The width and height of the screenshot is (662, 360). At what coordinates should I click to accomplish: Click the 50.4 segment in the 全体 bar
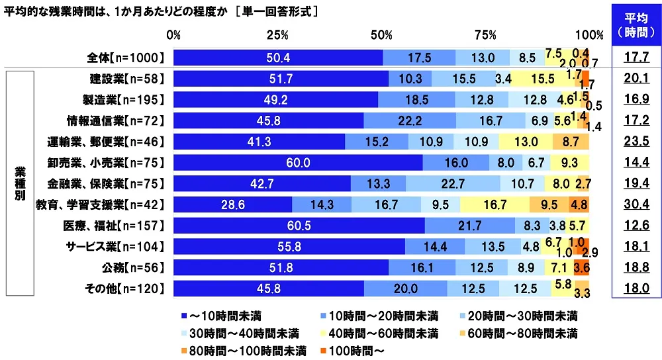point(278,58)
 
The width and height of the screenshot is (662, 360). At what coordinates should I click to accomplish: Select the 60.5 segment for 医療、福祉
point(299,226)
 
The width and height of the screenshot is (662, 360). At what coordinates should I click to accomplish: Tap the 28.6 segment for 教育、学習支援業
point(232,205)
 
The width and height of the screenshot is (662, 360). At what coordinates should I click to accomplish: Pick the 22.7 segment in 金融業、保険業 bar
point(453,184)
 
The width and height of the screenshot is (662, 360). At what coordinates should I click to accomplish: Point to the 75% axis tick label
point(485,34)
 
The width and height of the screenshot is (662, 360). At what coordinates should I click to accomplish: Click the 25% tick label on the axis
point(277,34)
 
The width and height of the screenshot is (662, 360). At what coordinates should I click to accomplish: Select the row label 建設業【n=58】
point(126,79)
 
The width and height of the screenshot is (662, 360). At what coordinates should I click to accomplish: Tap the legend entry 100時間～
point(352,349)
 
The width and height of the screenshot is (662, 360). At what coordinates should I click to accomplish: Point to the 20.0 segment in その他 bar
point(405,289)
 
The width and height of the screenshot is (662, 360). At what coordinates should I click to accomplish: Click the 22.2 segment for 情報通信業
point(409,121)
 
